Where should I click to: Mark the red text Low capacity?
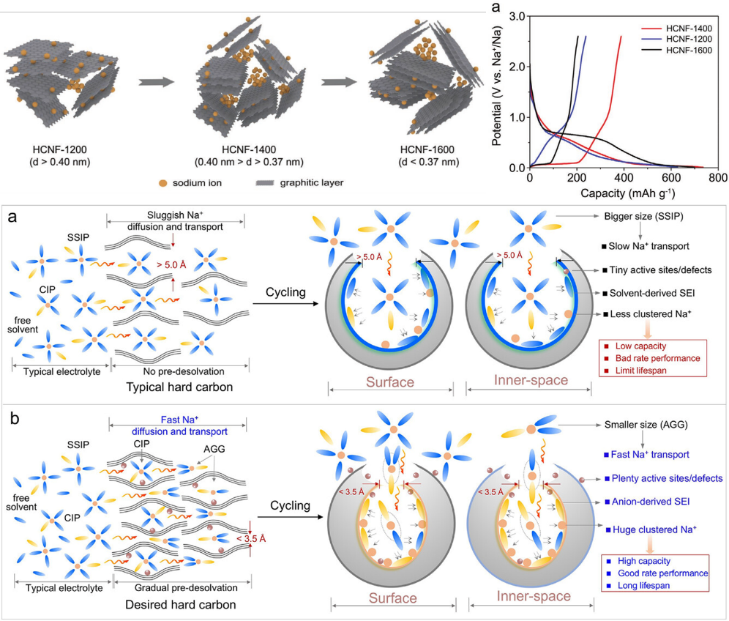pyautogui.click(x=646, y=345)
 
